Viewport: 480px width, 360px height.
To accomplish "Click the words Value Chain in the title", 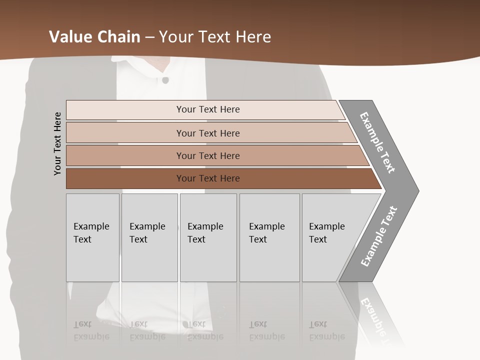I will click(94, 37).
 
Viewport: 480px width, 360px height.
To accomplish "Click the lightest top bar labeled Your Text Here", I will click(207, 109).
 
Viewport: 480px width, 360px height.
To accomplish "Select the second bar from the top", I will click(207, 133).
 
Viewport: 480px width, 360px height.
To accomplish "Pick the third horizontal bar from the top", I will click(207, 155).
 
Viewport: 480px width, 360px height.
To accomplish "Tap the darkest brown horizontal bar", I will click(207, 178).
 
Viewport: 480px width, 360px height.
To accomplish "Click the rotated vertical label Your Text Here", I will click(57, 143).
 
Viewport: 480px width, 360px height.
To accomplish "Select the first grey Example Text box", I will click(92, 237).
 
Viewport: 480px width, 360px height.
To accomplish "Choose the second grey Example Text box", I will click(149, 237).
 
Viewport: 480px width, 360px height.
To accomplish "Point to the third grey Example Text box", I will click(208, 237).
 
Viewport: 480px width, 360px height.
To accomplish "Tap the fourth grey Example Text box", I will click(269, 237).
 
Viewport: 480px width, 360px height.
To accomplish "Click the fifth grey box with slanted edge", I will click(332, 237).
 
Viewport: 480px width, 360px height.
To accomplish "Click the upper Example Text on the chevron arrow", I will click(377, 142).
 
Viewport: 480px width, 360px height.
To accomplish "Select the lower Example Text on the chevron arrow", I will click(379, 236).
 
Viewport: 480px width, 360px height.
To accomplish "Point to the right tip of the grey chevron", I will click(417, 190).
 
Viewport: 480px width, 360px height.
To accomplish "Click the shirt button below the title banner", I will click(165, 79).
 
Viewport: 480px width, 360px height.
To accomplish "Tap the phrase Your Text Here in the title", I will click(215, 37).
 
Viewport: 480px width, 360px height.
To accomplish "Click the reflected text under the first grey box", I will click(91, 330).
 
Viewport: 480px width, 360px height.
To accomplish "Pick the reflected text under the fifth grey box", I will click(326, 330).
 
